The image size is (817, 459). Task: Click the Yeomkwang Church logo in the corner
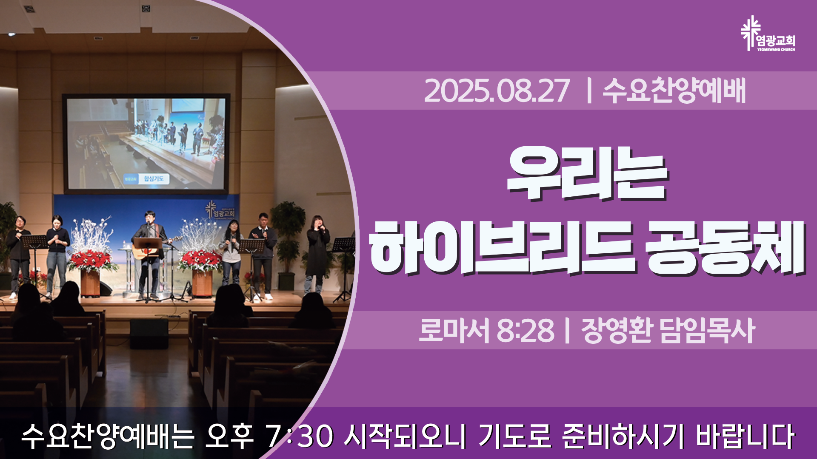[768, 34]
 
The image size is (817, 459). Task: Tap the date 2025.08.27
[497, 91]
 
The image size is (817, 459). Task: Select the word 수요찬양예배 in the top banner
[674, 90]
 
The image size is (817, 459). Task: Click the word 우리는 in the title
[588, 174]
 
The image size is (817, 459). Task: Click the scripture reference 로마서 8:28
[486, 330]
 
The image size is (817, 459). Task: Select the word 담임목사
[707, 330]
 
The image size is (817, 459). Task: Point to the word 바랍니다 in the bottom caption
[745, 436]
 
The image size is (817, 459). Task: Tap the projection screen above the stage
[146, 143]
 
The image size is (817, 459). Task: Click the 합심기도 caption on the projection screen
[154, 178]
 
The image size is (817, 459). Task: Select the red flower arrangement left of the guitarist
[91, 261]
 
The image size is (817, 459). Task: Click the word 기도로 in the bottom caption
[515, 436]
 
